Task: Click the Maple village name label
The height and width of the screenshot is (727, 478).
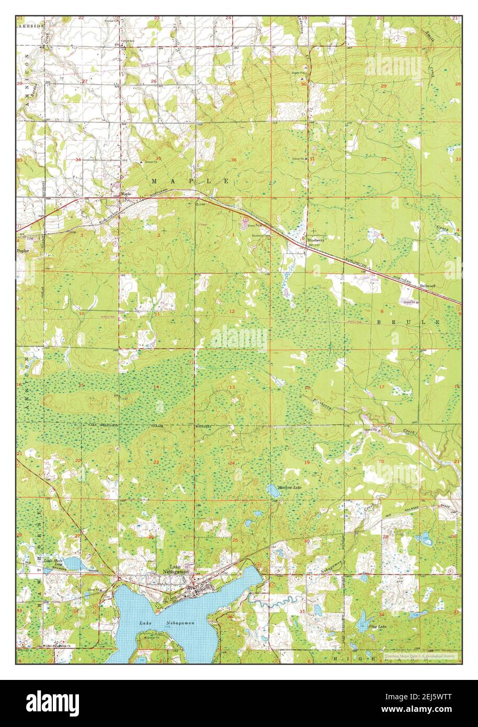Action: coord(126,193)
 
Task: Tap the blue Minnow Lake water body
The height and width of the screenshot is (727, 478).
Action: coord(274,490)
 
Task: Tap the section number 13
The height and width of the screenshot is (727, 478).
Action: coord(232,387)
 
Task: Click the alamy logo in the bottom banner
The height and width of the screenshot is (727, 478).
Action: coord(52,702)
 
